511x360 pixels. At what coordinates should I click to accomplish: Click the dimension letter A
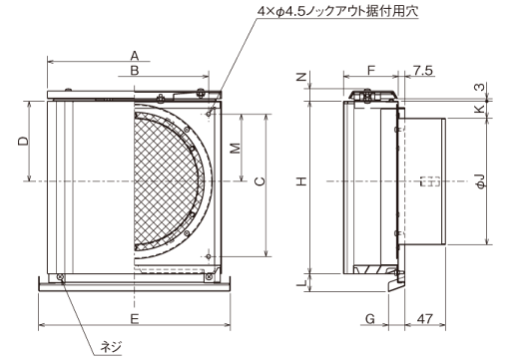(x=134, y=55)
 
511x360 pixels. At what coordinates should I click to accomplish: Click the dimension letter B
(x=134, y=71)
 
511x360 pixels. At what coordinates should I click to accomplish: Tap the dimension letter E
(x=134, y=317)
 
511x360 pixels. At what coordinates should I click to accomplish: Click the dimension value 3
(x=481, y=87)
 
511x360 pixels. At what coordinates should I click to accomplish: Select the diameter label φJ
(x=481, y=181)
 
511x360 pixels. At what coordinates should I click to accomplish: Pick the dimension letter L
(x=300, y=283)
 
